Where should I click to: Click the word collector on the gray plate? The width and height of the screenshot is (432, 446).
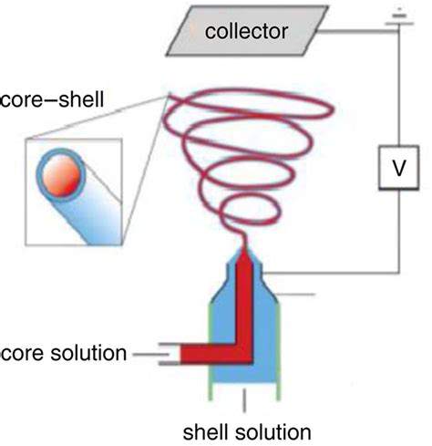click(245, 32)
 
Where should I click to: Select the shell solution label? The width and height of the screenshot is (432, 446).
click(245, 429)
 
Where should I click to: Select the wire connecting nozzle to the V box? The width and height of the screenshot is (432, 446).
click(337, 273)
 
